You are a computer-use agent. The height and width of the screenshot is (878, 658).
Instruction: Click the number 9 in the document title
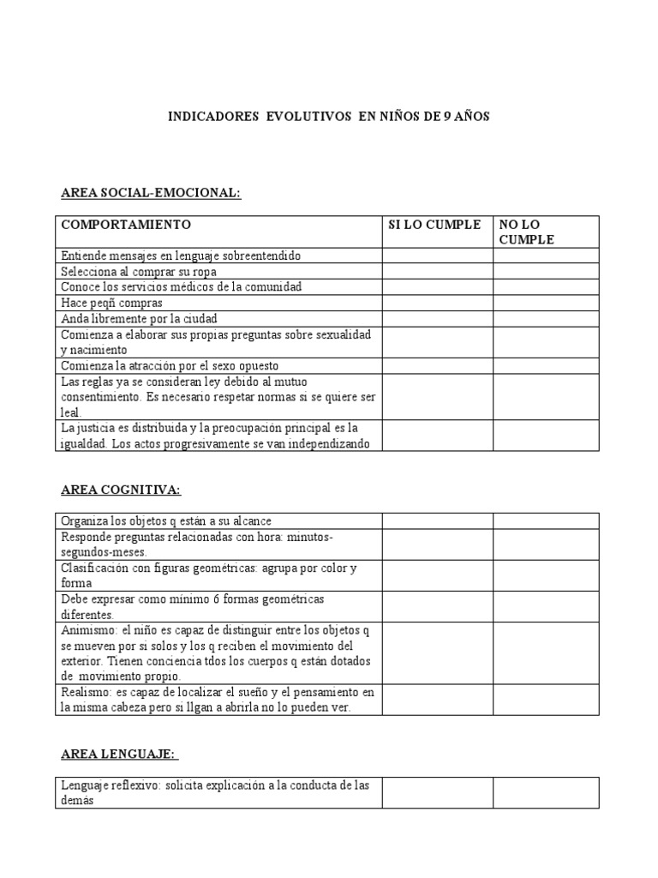tap(446, 117)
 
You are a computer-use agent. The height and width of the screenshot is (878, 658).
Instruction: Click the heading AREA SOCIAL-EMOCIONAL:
tap(152, 193)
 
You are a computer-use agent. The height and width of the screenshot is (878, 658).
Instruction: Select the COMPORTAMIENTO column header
tap(125, 225)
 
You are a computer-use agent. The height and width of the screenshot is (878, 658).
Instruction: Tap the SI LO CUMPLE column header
tap(434, 225)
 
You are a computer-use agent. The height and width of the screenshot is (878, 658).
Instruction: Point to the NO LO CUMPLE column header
tap(527, 232)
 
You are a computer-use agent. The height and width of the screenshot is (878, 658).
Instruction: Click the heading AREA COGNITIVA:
tap(121, 490)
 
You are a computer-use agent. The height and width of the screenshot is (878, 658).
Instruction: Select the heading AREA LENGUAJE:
tap(119, 754)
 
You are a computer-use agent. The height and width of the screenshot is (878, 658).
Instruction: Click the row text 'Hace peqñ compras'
tap(111, 303)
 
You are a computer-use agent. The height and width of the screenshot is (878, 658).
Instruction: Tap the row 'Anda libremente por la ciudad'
tap(139, 318)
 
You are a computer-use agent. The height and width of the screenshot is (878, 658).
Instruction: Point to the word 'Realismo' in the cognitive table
tap(84, 692)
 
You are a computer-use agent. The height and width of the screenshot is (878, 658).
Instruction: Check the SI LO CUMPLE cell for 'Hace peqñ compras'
tap(437, 303)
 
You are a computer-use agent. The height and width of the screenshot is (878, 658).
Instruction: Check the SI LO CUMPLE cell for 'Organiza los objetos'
tap(437, 520)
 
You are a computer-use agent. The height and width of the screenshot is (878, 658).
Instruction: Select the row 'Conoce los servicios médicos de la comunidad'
tap(181, 286)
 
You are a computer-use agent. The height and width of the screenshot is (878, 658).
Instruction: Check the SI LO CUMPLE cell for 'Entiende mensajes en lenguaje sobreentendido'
tap(437, 256)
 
